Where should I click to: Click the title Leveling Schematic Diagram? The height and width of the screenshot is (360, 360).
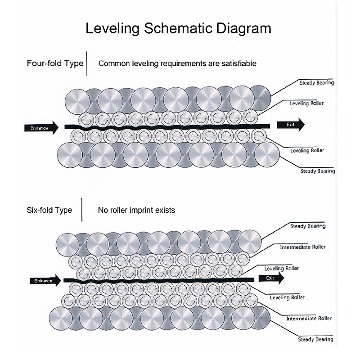[x=178, y=28]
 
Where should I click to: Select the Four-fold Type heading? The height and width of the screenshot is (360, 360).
[x=55, y=63]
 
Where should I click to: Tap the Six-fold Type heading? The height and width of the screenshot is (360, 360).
[x=49, y=210]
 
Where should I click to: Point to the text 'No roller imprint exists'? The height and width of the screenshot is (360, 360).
[x=136, y=210]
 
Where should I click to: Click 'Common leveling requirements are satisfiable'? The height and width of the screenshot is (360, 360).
[x=177, y=63]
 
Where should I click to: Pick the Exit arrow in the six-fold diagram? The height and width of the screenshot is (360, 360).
[x=270, y=278]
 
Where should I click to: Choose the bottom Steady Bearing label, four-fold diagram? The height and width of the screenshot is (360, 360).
[x=318, y=171]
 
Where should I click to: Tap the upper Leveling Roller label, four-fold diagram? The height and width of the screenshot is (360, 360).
[x=306, y=103]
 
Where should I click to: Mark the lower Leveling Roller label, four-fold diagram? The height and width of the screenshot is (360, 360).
[x=307, y=150]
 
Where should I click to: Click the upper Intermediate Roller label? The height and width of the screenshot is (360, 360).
[x=302, y=247]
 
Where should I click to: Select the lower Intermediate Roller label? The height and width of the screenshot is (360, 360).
[x=309, y=318]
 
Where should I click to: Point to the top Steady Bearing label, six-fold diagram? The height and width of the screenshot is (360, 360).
[x=308, y=226]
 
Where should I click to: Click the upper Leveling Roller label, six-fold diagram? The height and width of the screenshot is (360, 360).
[x=282, y=268]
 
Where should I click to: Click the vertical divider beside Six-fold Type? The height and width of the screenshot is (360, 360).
[x=81, y=210]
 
